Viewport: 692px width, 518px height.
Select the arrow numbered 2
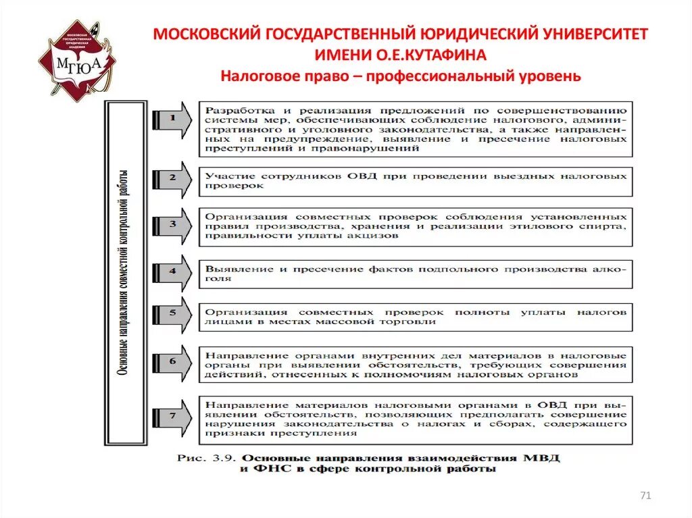coord(172,178)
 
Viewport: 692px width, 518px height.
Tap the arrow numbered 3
coord(172,224)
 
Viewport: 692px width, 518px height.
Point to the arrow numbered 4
coord(172,271)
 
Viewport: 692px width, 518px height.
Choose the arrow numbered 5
coord(172,315)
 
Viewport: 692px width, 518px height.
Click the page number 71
coord(645,496)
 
